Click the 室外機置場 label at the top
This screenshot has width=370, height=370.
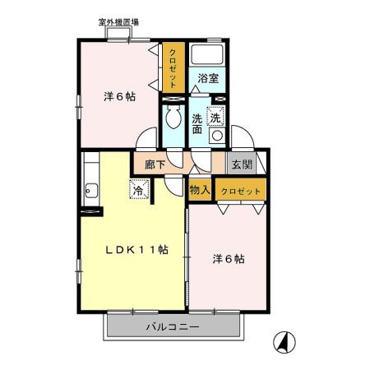[118, 22]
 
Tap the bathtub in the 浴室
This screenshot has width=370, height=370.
[207, 54]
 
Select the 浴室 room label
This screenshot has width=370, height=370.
[208, 79]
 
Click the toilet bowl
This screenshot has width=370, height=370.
[173, 118]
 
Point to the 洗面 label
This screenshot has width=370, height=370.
[197, 124]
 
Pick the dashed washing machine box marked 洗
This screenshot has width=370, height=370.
[215, 116]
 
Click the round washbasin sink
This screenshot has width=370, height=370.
[217, 136]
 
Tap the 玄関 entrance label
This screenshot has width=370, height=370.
[242, 164]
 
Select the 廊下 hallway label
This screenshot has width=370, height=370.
[155, 164]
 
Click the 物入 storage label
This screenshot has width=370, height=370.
[200, 190]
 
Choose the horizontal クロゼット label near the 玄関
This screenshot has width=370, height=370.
[241, 191]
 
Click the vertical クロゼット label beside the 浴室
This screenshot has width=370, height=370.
[173, 68]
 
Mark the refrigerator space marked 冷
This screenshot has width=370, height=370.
[139, 189]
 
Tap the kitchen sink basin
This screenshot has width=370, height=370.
[91, 190]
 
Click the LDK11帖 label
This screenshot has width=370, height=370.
[137, 250]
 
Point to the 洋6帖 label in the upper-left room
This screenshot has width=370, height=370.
[120, 97]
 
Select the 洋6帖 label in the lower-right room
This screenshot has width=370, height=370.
[229, 259]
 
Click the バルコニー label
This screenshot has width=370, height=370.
[173, 326]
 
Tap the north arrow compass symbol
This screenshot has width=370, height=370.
[284, 342]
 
